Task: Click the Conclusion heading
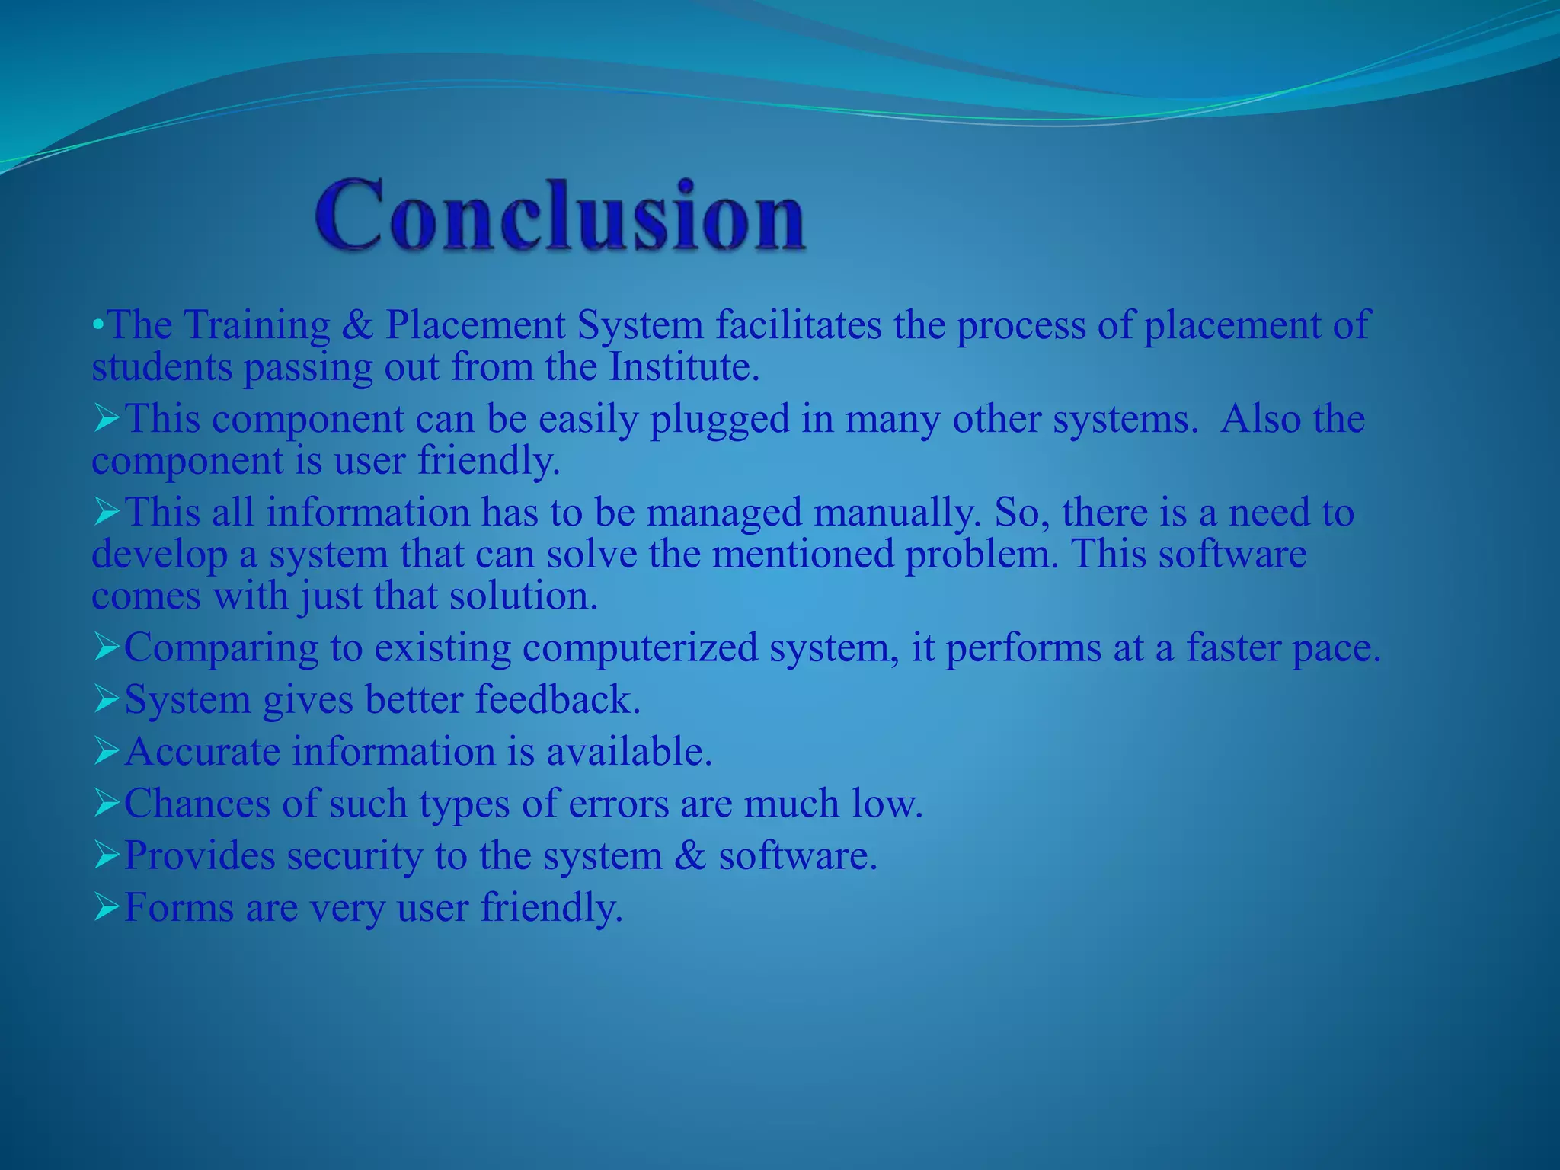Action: [561, 215]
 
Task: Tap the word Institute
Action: [684, 368]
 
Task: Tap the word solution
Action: [523, 596]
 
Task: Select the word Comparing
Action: [221, 649]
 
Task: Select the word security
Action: [354, 855]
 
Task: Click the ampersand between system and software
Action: [690, 855]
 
